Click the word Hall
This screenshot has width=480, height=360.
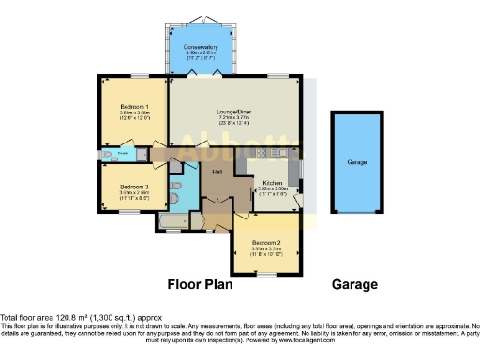[x=217, y=172]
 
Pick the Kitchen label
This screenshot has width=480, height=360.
[x=273, y=182]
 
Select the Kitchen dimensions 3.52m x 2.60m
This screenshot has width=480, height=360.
[x=273, y=189]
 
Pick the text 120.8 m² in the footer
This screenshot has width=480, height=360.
[x=67, y=318]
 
